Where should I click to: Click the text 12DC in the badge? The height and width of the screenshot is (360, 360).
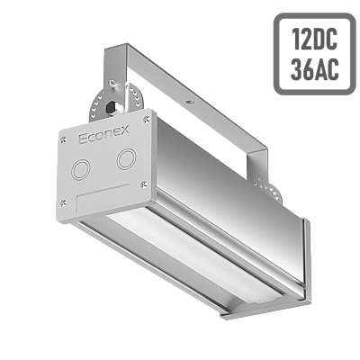(315, 40)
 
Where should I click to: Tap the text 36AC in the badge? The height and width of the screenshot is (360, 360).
(315, 68)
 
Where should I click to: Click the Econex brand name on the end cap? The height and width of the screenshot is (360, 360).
(103, 134)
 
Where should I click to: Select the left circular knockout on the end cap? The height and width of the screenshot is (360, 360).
(80, 170)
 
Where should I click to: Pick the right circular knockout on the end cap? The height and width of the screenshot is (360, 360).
(126, 159)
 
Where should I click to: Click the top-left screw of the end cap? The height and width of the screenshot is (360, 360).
(63, 139)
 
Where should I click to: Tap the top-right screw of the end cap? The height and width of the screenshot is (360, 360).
(147, 120)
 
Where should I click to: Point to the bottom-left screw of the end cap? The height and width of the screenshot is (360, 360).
(64, 203)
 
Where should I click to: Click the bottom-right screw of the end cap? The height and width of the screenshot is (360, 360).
(143, 184)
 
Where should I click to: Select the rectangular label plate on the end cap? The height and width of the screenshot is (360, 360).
(103, 198)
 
